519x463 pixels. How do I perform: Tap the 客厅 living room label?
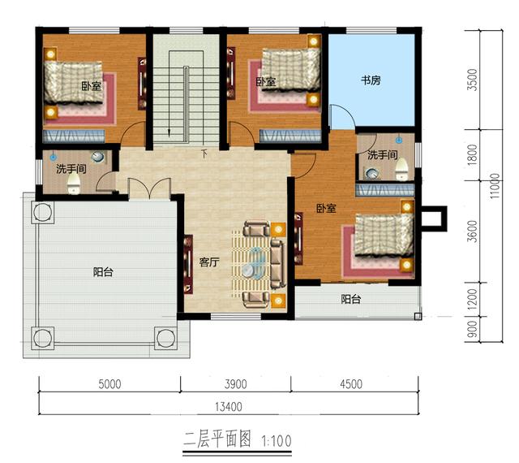[209, 262]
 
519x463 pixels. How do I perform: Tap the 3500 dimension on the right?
[484, 80]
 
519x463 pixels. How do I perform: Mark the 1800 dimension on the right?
[484, 153]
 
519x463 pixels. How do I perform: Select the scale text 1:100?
[277, 441]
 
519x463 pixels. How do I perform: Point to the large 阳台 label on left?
[103, 272]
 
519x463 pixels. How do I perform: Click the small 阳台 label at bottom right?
[350, 299]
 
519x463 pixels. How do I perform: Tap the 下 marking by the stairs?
[204, 151]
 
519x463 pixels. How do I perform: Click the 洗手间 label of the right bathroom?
[382, 154]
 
